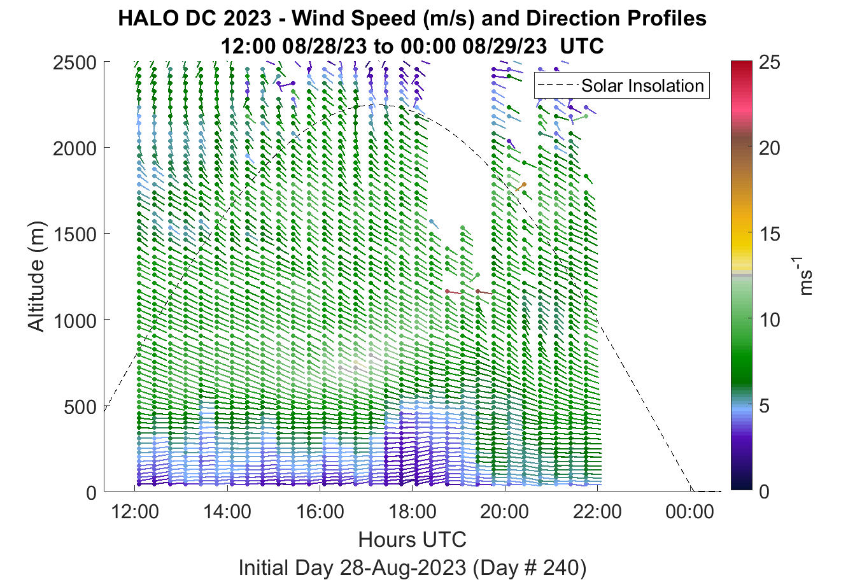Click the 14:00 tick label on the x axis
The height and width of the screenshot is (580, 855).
pyautogui.click(x=227, y=512)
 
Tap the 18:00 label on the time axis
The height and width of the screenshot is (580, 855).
pyautogui.click(x=413, y=512)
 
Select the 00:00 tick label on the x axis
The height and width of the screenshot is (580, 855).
pyautogui.click(x=689, y=512)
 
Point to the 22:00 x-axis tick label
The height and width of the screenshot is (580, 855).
pyautogui.click(x=597, y=512)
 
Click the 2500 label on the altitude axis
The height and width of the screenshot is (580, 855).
pyautogui.click(x=75, y=63)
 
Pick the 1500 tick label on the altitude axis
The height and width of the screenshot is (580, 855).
pyautogui.click(x=75, y=234)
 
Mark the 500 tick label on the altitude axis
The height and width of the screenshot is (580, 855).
pyautogui.click(x=81, y=407)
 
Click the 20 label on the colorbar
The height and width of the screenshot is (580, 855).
pyautogui.click(x=769, y=148)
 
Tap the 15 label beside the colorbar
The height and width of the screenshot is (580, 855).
pyautogui.click(x=769, y=234)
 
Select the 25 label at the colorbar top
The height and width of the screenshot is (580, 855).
pyautogui.click(x=769, y=62)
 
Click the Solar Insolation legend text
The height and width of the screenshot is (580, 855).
pyautogui.click(x=642, y=85)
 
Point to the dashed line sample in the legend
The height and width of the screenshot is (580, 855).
pyautogui.click(x=558, y=85)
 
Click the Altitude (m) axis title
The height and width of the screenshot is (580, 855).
pyautogui.click(x=36, y=276)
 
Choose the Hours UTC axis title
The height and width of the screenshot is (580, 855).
pyautogui.click(x=413, y=539)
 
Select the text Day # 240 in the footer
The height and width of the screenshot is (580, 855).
pyautogui.click(x=526, y=568)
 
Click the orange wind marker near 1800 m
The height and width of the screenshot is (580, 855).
pyautogui.click(x=521, y=187)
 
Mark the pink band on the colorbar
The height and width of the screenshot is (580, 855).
pyautogui.click(x=741, y=111)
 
